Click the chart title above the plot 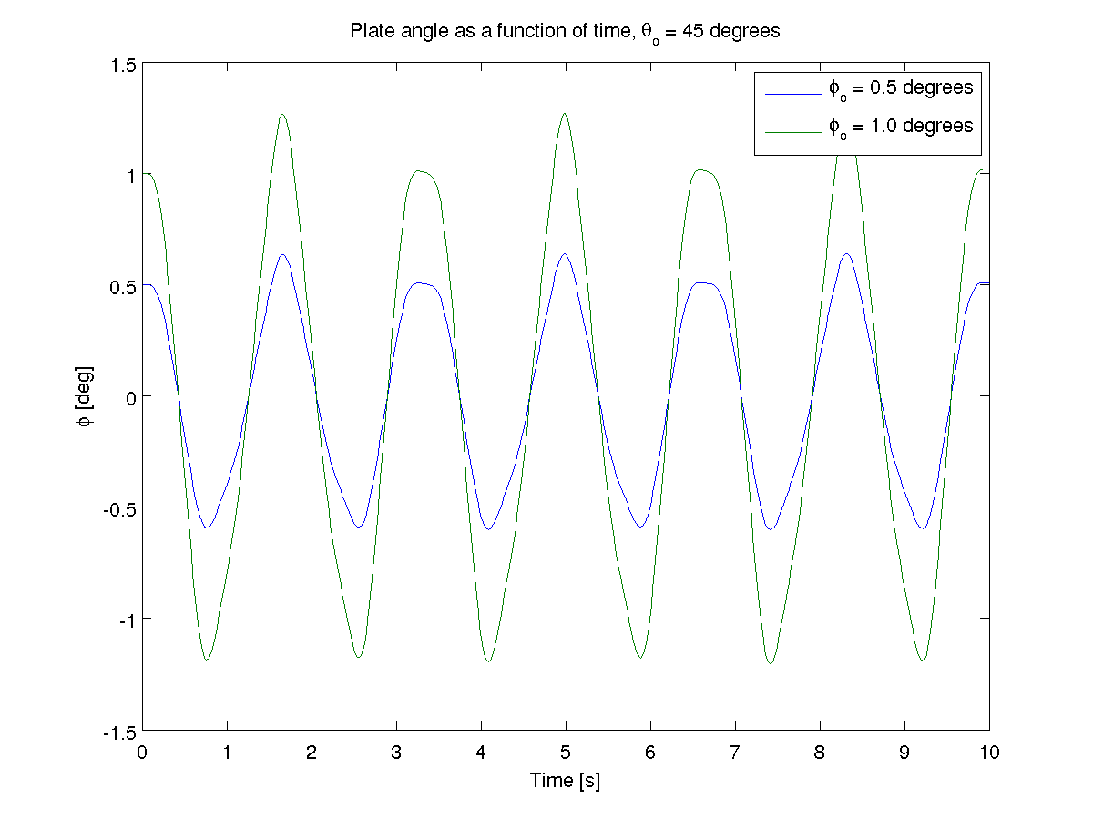[565, 31]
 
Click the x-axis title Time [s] [565, 781]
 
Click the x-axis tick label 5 [566, 753]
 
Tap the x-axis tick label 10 [989, 753]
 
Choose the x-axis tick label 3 [396, 753]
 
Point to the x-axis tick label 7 [735, 753]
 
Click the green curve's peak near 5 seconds [565, 114]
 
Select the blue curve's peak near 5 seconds [565, 254]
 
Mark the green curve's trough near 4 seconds [489, 661]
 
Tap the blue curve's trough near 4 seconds [489, 528]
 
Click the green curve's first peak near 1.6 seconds [282, 115]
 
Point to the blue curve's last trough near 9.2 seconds [923, 528]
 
